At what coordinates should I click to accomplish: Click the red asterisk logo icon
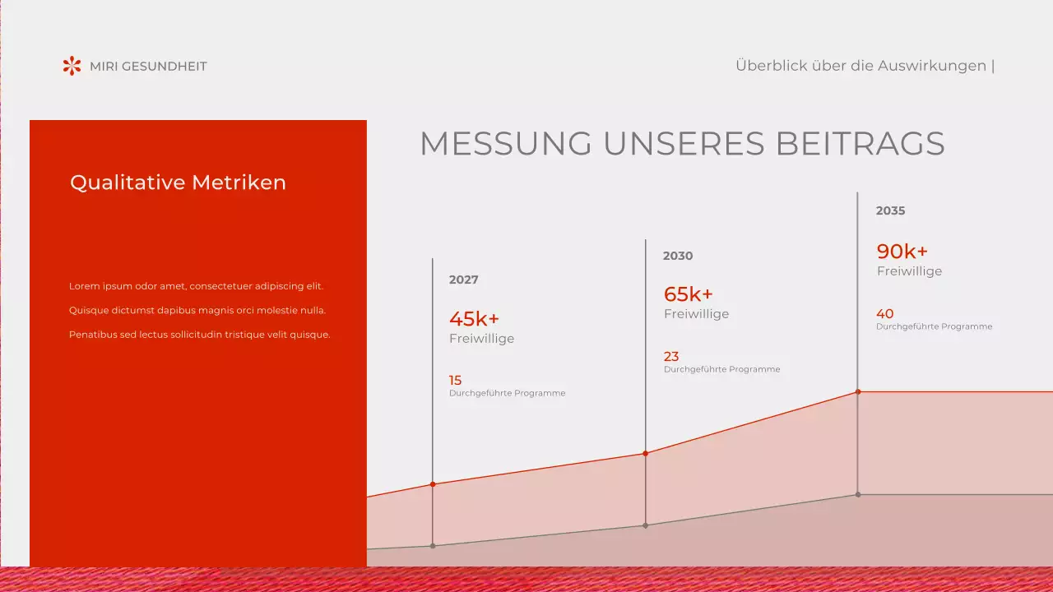72,66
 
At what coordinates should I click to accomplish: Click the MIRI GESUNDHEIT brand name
148,67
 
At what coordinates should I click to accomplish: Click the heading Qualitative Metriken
178,183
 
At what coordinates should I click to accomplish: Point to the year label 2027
463,280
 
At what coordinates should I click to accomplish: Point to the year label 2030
678,256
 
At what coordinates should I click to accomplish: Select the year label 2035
890,210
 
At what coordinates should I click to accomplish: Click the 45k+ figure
474,319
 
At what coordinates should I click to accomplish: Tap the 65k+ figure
688,294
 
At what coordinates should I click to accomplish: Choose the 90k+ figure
902,252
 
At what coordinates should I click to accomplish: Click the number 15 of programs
455,380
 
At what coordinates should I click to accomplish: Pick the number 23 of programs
671,356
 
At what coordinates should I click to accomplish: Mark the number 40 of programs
884,313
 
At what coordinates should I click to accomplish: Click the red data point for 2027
433,484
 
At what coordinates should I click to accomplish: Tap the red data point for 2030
645,453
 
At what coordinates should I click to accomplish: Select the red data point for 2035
858,391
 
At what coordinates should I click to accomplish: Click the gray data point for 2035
858,494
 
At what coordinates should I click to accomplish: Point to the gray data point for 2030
645,525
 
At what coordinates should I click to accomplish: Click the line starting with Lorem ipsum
196,286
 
